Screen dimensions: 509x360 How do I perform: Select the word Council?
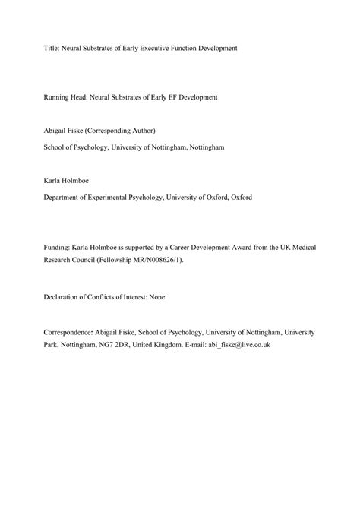[x=82, y=259]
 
